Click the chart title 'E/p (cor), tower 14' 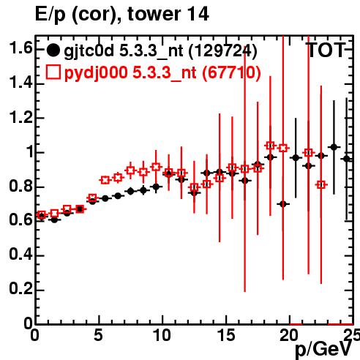coord(122,14)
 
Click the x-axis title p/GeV coord(324,349)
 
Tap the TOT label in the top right coord(326,50)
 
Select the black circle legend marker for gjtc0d coord(53,50)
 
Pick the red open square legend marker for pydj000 coord(53,72)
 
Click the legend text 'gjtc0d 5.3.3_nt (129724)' coord(160,51)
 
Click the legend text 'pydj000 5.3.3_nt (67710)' coord(162,73)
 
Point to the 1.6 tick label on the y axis coord(20,48)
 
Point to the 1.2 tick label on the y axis coord(20,118)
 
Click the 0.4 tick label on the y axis coord(20,255)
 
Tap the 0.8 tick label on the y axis coord(20,187)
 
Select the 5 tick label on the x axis coord(98,335)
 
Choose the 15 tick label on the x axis coord(226,335)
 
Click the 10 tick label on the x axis coord(162,335)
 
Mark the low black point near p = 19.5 coord(283,204)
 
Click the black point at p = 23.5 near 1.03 coord(334,147)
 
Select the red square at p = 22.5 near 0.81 coord(321,185)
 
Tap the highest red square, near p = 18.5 coord(270,146)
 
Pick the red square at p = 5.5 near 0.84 coord(105,180)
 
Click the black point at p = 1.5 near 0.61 coord(54,220)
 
